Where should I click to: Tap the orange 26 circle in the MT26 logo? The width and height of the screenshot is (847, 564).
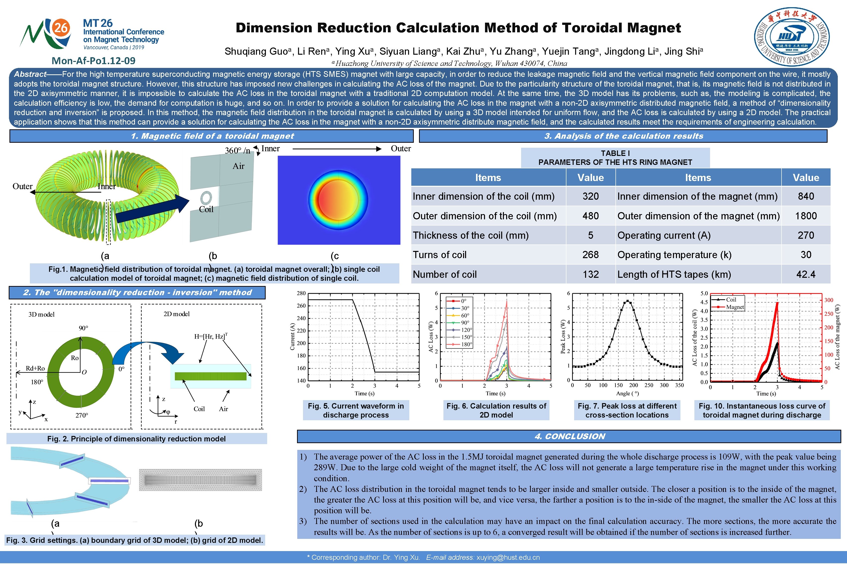[x=61, y=28]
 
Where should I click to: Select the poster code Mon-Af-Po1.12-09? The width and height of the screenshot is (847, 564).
[x=94, y=61]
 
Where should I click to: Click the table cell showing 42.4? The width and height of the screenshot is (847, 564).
[x=806, y=275]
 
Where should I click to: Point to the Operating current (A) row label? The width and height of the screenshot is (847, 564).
[x=664, y=235]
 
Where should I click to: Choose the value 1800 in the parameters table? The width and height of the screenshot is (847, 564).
[x=806, y=216]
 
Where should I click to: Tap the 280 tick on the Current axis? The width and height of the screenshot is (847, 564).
[x=302, y=293]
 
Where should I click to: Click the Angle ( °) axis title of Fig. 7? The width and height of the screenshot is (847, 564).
[x=627, y=393]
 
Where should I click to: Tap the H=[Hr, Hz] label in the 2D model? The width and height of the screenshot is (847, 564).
[x=210, y=336]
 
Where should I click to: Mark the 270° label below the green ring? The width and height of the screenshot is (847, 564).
[x=82, y=415]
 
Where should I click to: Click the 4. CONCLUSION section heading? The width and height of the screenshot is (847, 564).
[x=570, y=437]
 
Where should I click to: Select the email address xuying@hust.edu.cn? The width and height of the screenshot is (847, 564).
[x=508, y=558]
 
